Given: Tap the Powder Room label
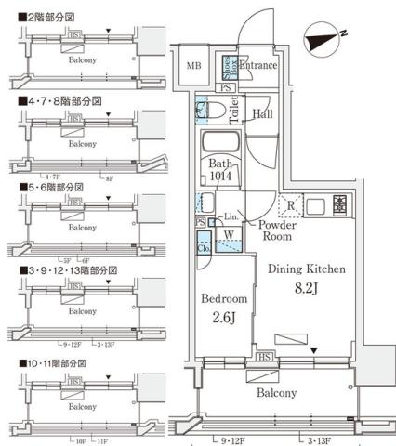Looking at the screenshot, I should pos(277,230).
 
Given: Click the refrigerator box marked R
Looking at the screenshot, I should pos(290,206).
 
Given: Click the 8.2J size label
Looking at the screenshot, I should pos(308,288).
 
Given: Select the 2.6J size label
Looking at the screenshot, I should pos(224,318).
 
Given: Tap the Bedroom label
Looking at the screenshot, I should pos(224,299).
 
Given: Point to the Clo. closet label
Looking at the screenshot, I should pos(204,248).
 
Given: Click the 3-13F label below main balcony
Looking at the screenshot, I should pos(319,439).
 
